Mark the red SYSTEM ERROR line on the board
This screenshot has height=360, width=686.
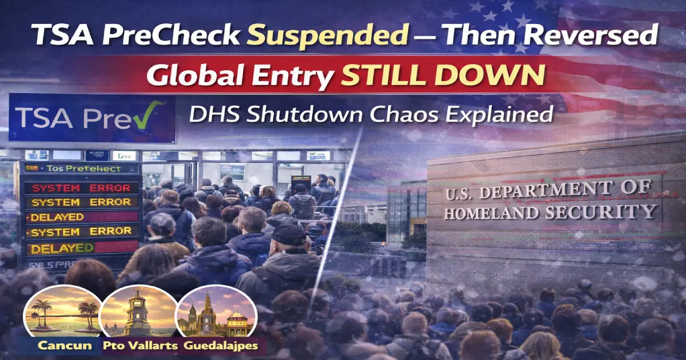tap(84, 188)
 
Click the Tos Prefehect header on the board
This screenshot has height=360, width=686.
tap(83, 169)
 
